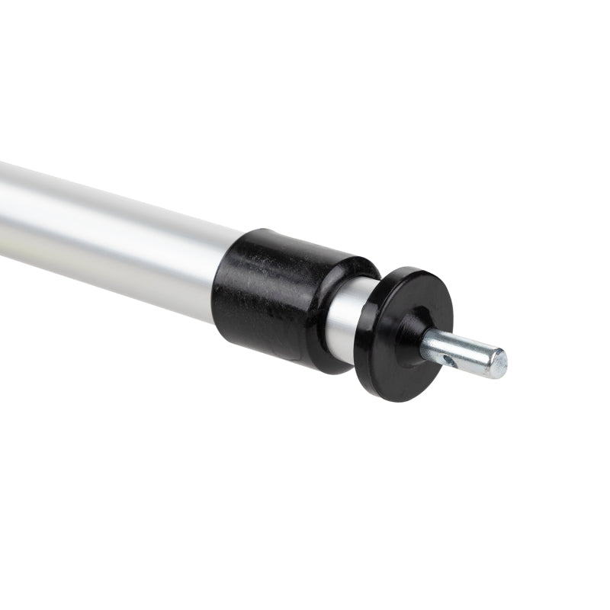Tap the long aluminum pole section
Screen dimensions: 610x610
114,229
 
